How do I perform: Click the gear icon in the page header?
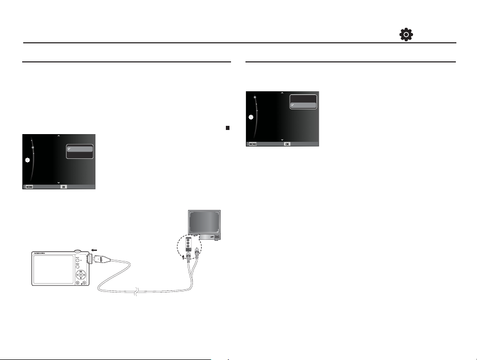[406, 35]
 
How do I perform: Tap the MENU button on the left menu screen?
[28, 187]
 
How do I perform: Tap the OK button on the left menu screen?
[64, 187]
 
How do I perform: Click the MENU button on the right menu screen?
[252, 144]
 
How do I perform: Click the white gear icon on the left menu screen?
[28, 160]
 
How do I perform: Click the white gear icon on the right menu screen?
[252, 118]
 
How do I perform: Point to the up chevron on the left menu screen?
[59, 136]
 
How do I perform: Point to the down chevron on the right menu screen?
[282, 140]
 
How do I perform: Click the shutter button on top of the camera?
[77, 251]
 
